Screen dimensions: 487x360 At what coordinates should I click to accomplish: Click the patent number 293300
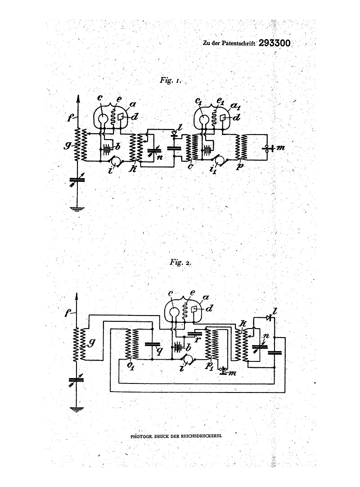(274, 43)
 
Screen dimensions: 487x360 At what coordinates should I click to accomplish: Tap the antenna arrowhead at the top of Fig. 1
(79, 98)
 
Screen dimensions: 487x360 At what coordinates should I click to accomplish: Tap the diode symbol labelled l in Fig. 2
(268, 318)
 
